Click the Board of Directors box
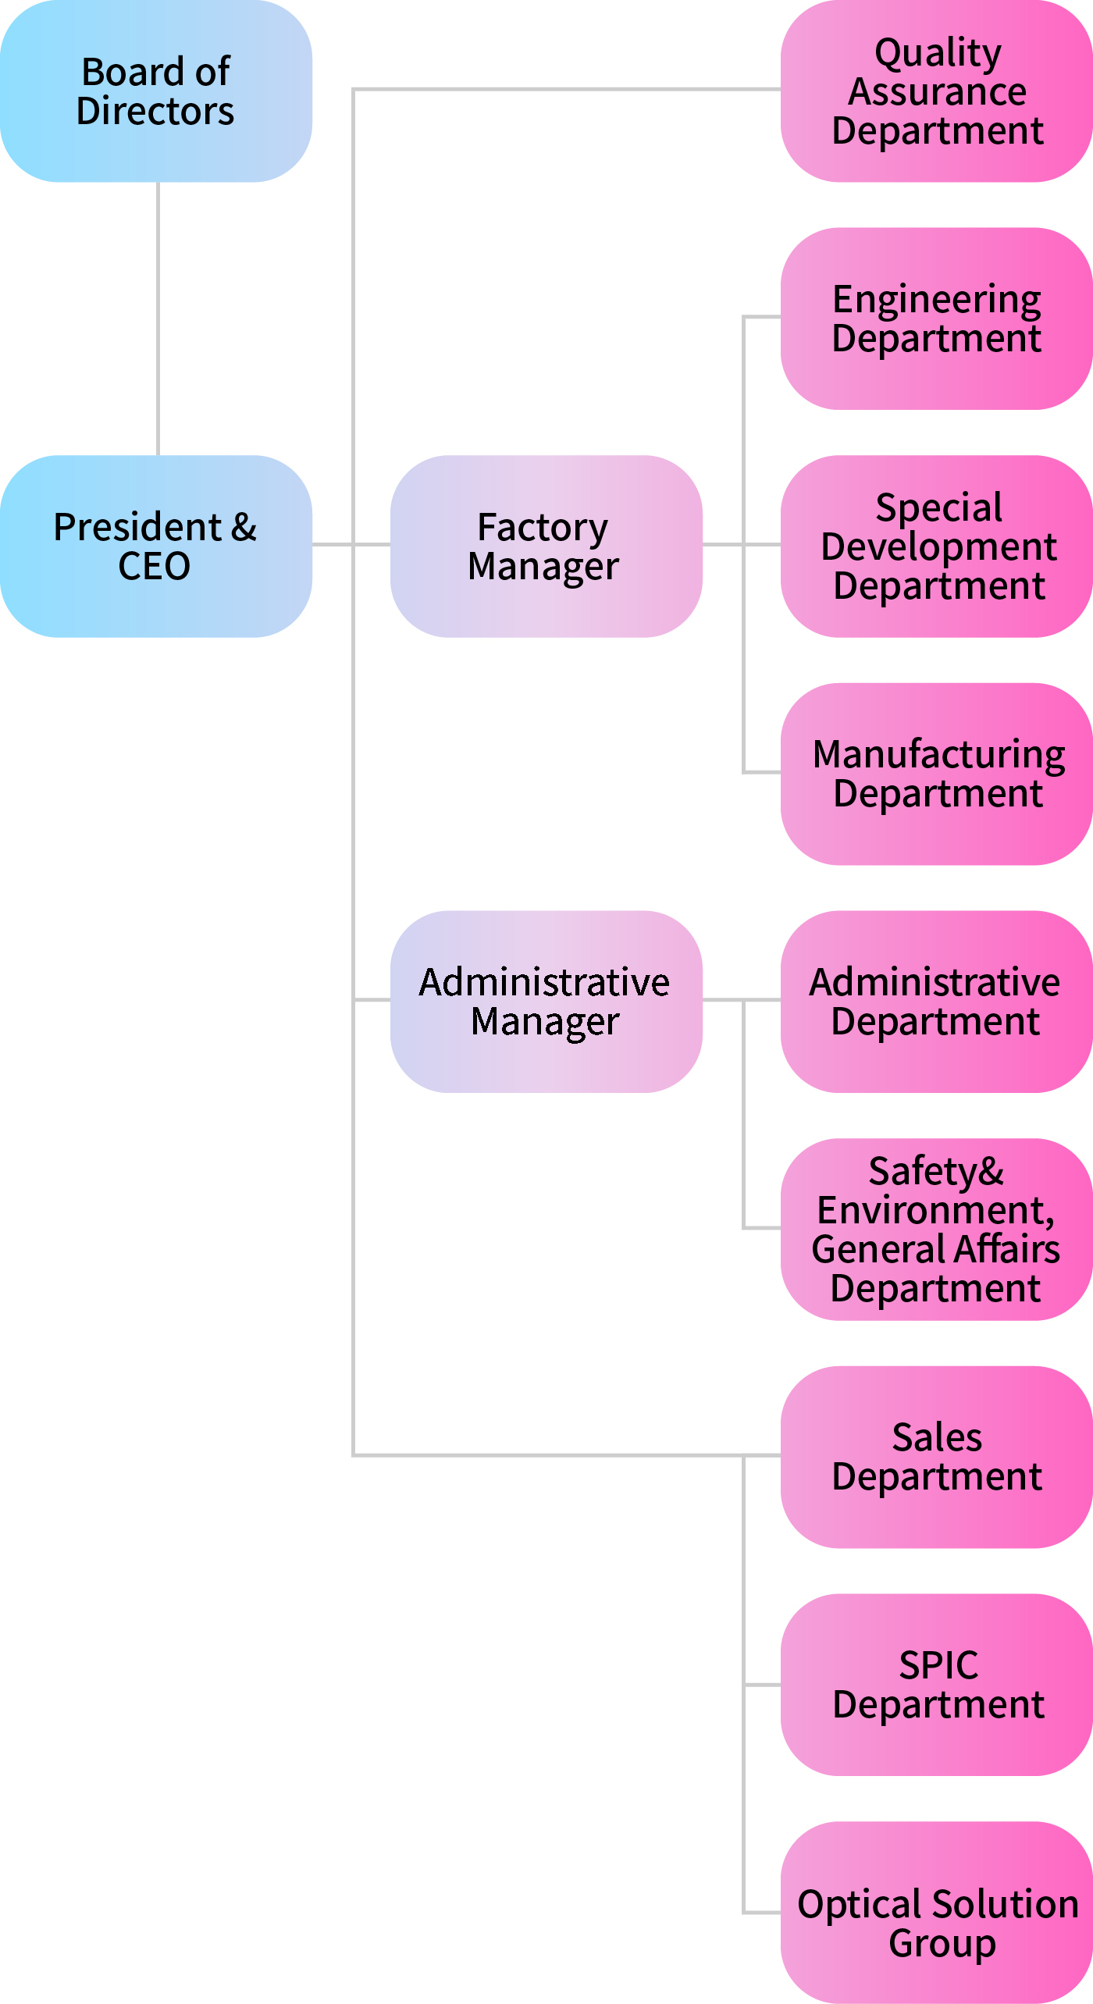tap(156, 91)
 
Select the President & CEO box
tap(156, 546)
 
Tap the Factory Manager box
tap(546, 546)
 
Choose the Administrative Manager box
tap(546, 1001)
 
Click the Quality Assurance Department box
tap(936, 91)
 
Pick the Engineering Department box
tap(936, 319)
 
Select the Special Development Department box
tap(936, 546)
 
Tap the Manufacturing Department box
tap(936, 774)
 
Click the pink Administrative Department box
tap(936, 1001)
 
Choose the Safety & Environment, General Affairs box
tap(936, 1229)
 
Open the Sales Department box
tap(936, 1457)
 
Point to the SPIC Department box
tap(936, 1685)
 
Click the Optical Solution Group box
tap(936, 1912)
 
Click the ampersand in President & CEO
tap(244, 527)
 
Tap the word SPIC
tap(938, 1665)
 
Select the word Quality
tap(938, 53)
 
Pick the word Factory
tap(543, 528)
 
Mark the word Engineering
tap(937, 300)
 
